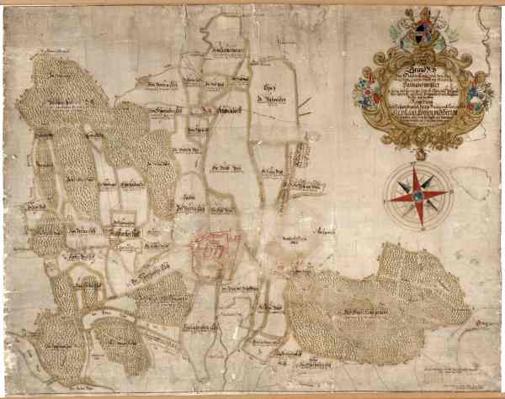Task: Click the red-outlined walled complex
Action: click(x=214, y=249)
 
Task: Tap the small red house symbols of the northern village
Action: click(x=205, y=109)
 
